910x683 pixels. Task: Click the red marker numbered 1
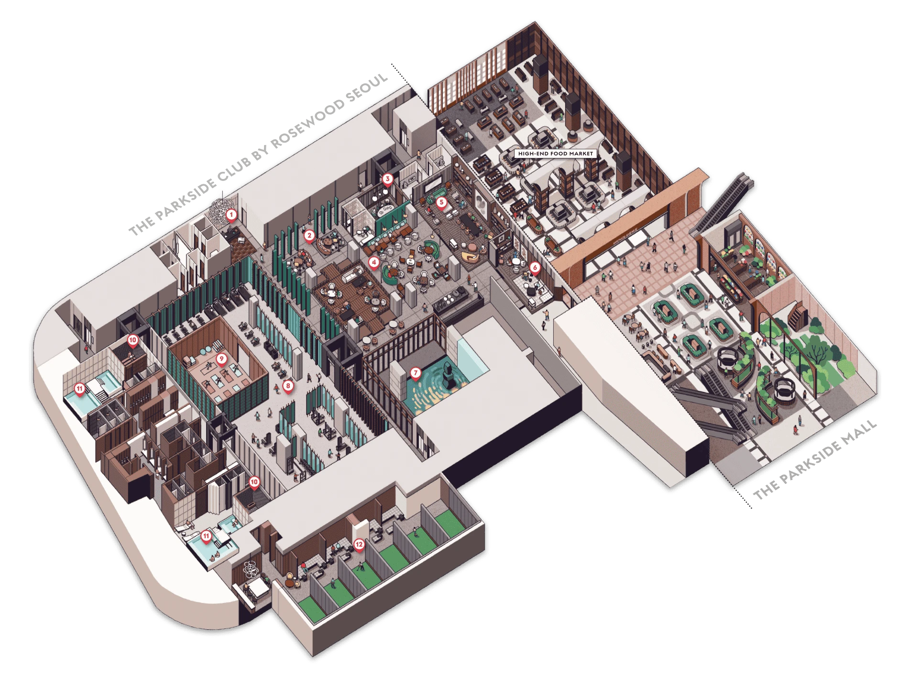coord(231,215)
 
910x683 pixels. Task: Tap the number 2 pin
coord(309,236)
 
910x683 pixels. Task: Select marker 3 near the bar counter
coord(387,179)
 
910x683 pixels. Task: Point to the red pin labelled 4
coord(374,263)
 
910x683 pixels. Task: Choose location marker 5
coord(441,203)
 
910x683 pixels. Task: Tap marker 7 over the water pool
coord(416,373)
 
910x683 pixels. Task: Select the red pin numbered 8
coord(288,386)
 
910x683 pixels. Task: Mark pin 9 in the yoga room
coord(221,359)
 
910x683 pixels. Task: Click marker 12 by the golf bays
coord(359,545)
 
